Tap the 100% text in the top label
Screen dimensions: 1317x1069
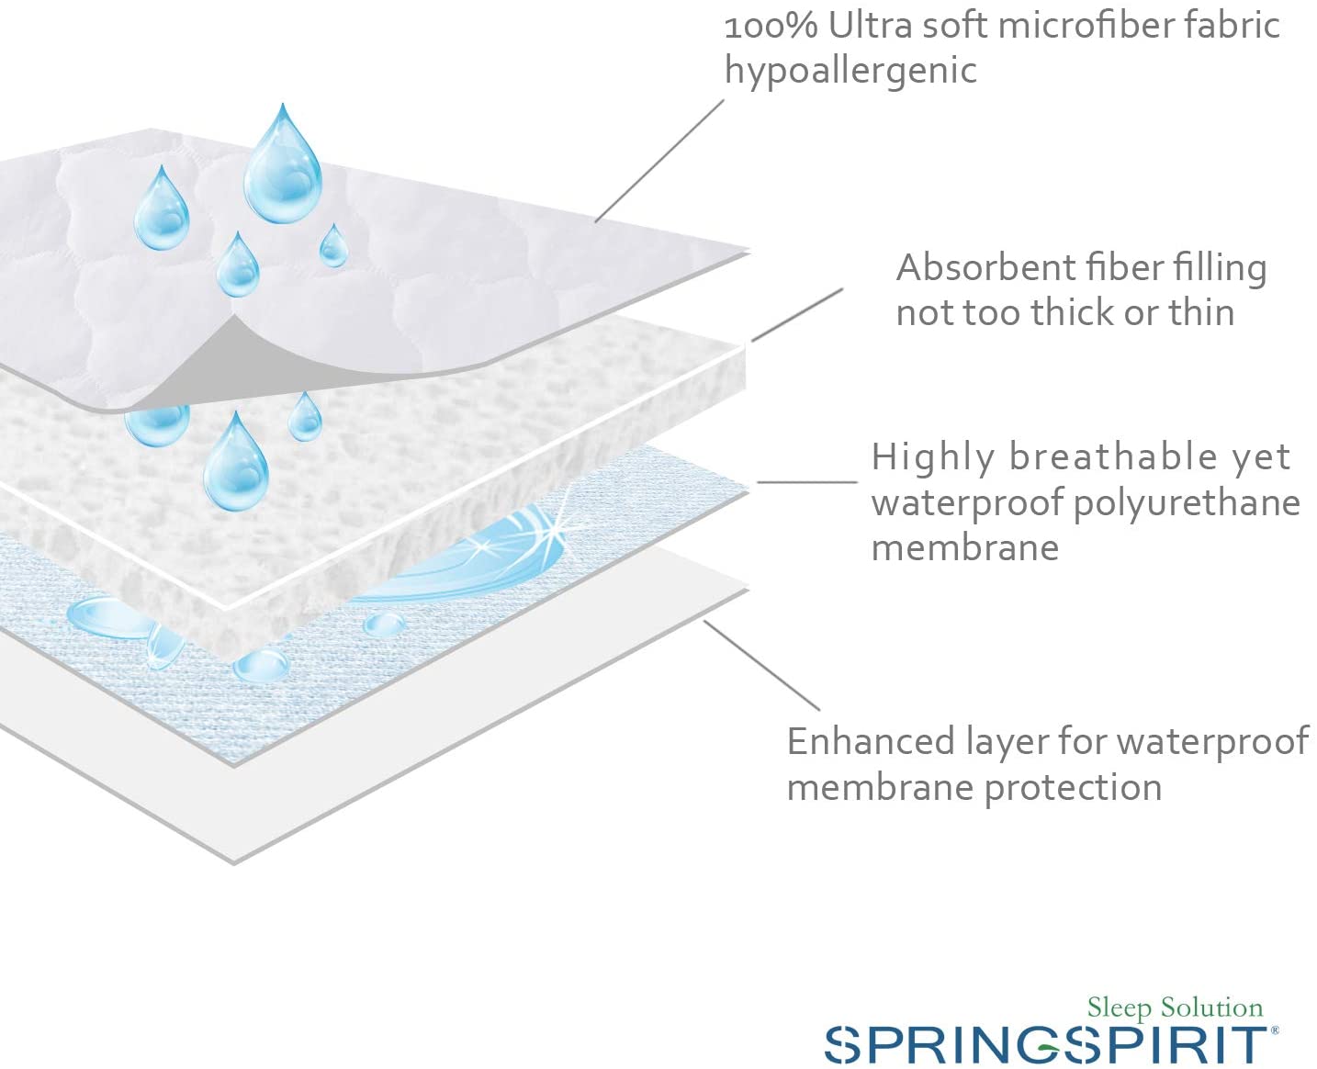[x=771, y=27]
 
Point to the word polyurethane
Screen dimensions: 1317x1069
[x=1187, y=505]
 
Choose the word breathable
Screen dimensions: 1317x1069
[x=1113, y=457]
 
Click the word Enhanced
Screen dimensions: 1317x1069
[x=871, y=741]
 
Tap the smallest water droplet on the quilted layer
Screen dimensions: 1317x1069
[x=334, y=245]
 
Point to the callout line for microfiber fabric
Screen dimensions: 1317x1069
[x=659, y=161]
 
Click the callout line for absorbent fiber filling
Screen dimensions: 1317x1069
[x=797, y=315]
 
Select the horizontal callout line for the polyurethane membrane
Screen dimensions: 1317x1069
[x=807, y=482]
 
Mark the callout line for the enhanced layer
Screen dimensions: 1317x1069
[x=761, y=665]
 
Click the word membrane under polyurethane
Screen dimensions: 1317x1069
[x=964, y=548]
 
